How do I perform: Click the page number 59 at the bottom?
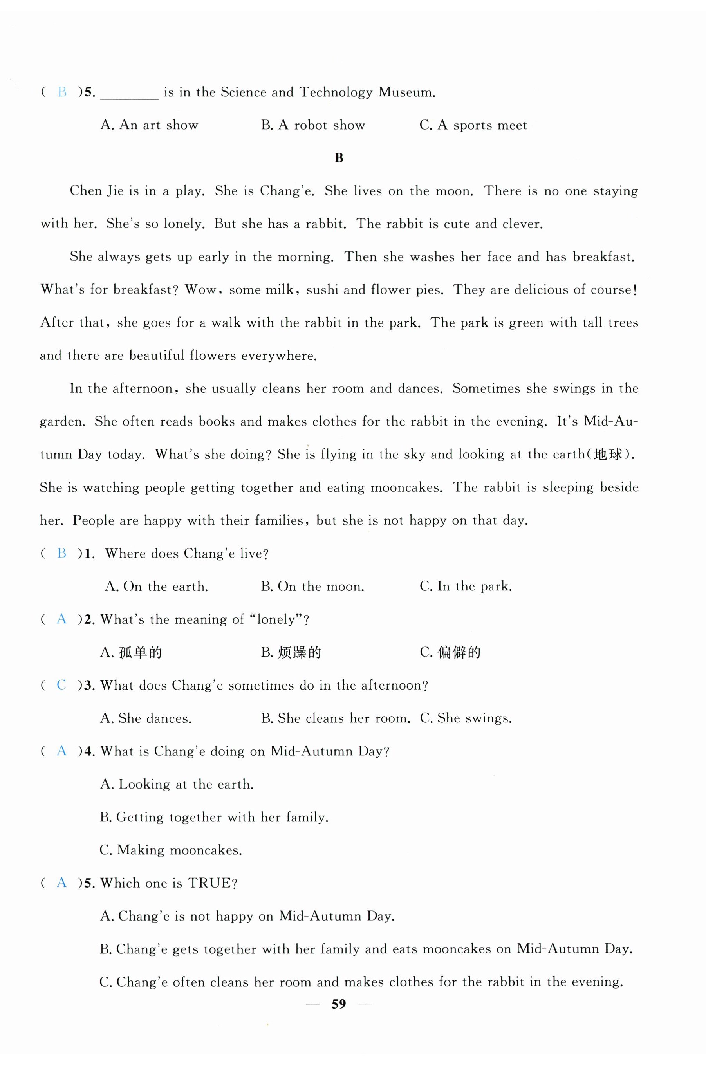pyautogui.click(x=339, y=1004)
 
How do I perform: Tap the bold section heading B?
pyautogui.click(x=339, y=158)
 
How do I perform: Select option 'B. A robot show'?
pyautogui.click(x=313, y=125)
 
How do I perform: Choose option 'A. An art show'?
pyautogui.click(x=149, y=125)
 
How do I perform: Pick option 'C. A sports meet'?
pyautogui.click(x=473, y=125)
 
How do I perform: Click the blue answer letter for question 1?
pyautogui.click(x=62, y=553)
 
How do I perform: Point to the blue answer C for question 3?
pyautogui.click(x=61, y=685)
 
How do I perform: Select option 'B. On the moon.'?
pyautogui.click(x=312, y=587)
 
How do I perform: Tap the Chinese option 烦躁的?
pyautogui.click(x=299, y=652)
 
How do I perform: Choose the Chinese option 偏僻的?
pyautogui.click(x=459, y=652)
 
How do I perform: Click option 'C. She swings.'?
pyautogui.click(x=466, y=718)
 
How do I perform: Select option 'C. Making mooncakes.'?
pyautogui.click(x=171, y=850)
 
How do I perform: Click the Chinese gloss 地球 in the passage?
pyautogui.click(x=607, y=454)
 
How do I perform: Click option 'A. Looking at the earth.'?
pyautogui.click(x=177, y=785)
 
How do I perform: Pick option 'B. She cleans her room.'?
pyautogui.click(x=336, y=718)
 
